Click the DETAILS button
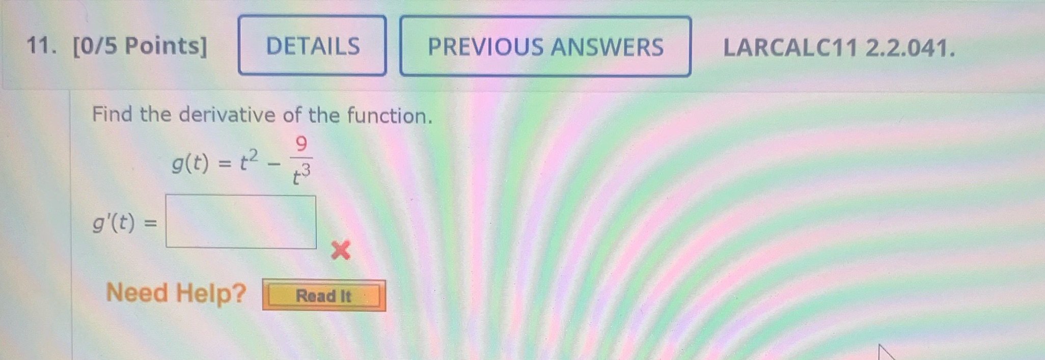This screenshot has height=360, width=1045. click(x=312, y=46)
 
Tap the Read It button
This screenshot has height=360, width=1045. click(x=324, y=295)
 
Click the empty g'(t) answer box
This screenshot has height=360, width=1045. click(x=241, y=222)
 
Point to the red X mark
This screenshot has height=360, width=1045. click(x=340, y=250)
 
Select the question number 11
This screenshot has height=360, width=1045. click(x=41, y=46)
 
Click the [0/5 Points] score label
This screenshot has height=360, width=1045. click(x=140, y=46)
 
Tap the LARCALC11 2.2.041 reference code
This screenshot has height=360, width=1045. click(x=839, y=48)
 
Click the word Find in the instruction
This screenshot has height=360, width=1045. click(x=112, y=114)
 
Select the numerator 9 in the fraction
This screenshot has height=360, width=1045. click(x=301, y=145)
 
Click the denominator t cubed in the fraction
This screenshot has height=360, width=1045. click(x=301, y=175)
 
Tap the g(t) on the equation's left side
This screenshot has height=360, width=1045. click(x=190, y=163)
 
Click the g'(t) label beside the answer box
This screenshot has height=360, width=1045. click(x=114, y=223)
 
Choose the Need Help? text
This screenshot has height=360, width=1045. click(x=176, y=293)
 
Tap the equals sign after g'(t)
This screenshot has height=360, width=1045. click(x=151, y=223)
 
